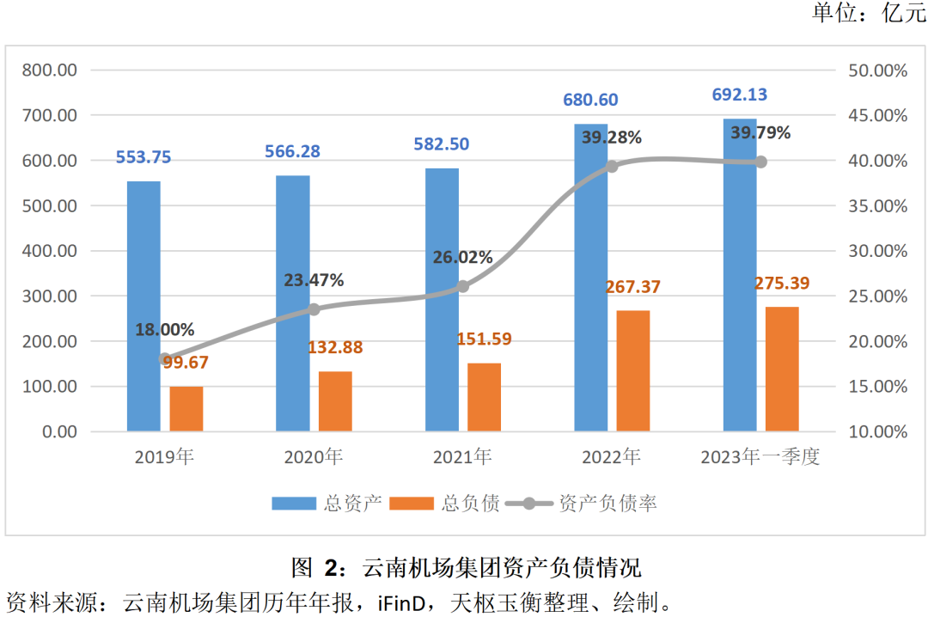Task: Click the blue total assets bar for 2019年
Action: coord(143,306)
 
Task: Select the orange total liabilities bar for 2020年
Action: coord(335,401)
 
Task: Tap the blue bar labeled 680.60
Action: coord(590,277)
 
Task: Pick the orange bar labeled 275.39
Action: coord(782,369)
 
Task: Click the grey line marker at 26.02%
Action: coord(462,286)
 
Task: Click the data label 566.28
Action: coord(293,151)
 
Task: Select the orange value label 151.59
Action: coord(484,339)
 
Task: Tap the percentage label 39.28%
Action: coord(611,137)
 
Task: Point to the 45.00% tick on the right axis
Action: coord(877,115)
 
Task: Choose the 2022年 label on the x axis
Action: coord(610,457)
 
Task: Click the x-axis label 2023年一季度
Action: coord(760,457)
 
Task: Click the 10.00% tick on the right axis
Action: coord(877,431)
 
